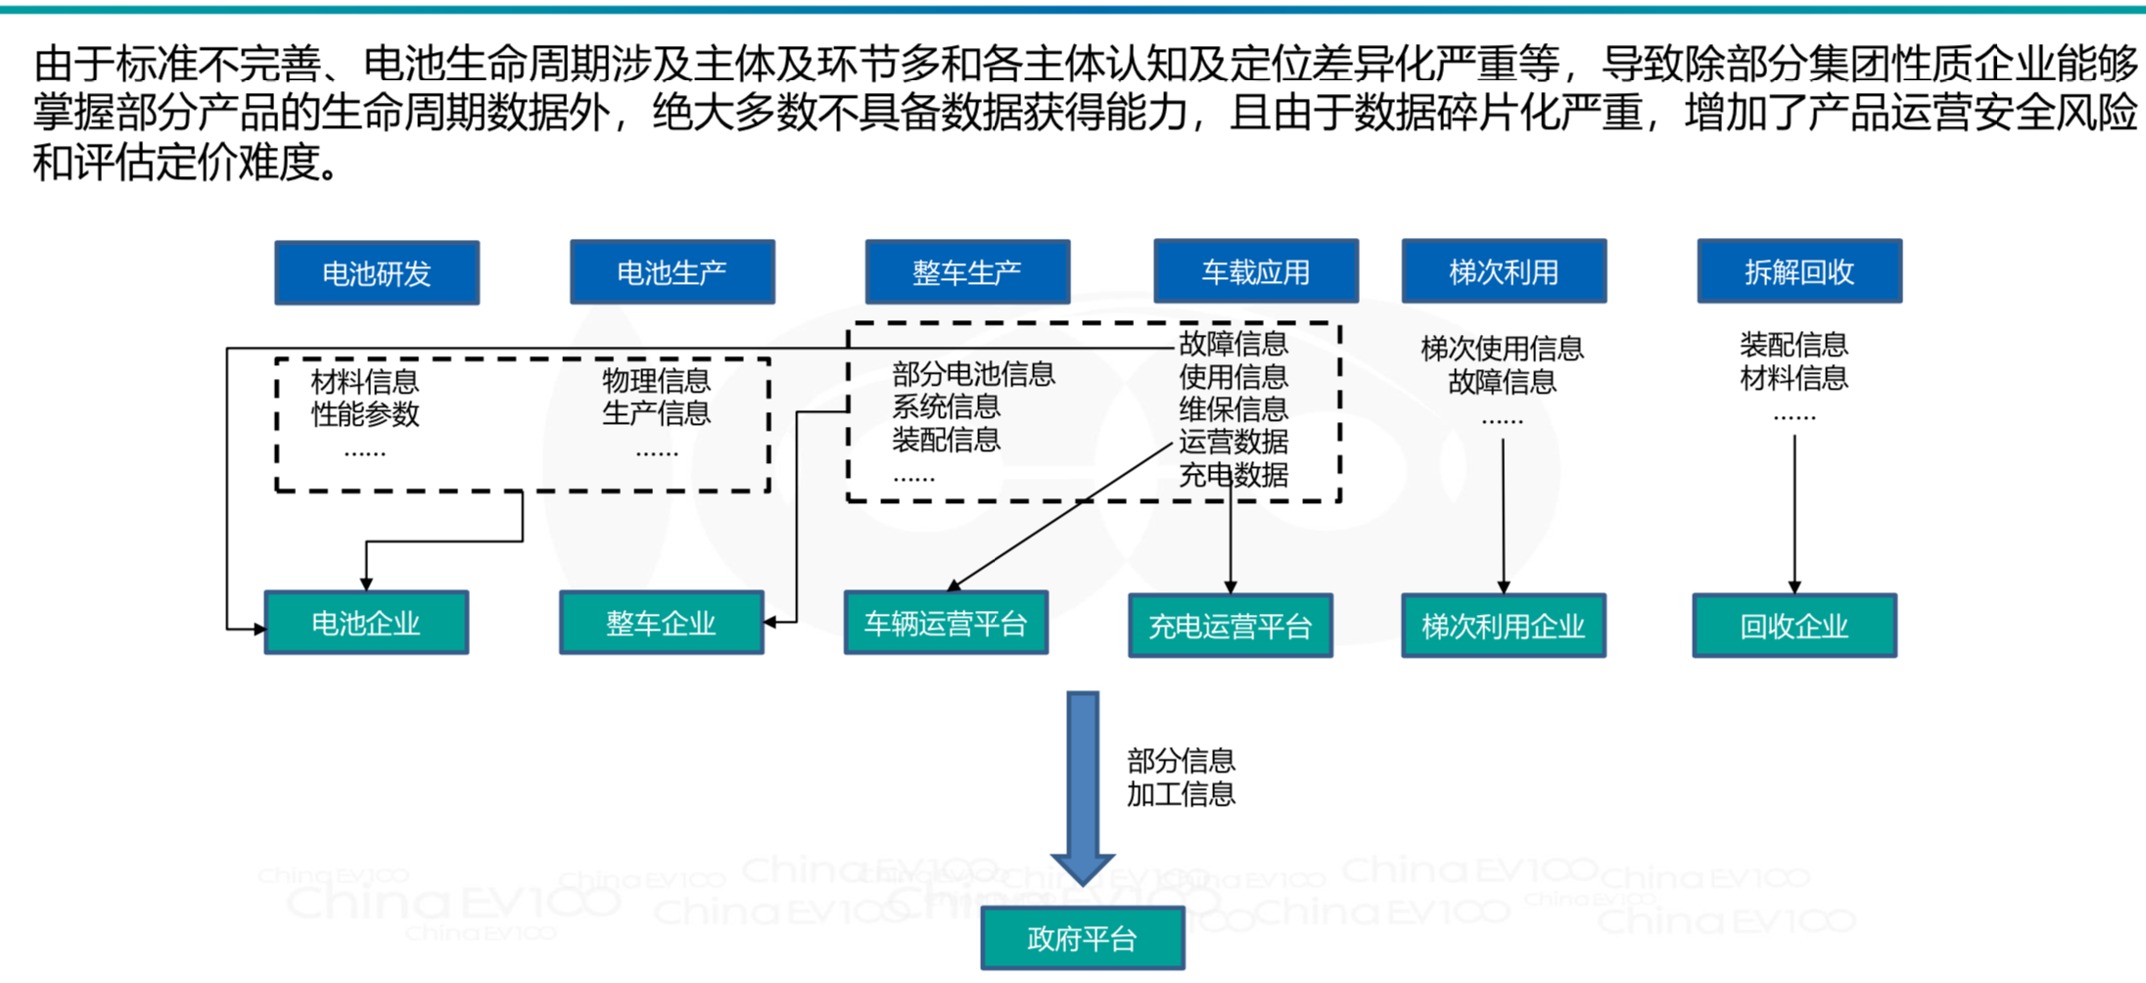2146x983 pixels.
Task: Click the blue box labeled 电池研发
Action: (x=377, y=273)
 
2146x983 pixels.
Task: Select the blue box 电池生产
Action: (x=672, y=272)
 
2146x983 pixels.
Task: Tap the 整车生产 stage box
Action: (x=967, y=272)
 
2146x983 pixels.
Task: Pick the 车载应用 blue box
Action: (x=1256, y=271)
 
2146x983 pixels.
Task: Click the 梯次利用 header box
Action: (x=1504, y=271)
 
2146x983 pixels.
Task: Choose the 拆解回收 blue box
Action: (x=1799, y=271)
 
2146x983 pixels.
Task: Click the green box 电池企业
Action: (x=366, y=623)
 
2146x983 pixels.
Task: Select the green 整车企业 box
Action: (x=661, y=623)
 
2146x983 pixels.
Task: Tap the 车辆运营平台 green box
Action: (x=946, y=623)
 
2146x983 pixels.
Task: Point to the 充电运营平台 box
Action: (x=1230, y=626)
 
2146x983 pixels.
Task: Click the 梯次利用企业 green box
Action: (x=1503, y=626)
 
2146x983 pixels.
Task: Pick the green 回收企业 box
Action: (x=1794, y=626)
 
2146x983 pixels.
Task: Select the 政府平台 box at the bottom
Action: (x=1082, y=939)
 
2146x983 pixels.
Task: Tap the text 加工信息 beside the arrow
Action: (x=1181, y=794)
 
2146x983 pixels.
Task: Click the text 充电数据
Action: (x=1234, y=475)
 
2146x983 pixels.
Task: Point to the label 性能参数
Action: (x=365, y=414)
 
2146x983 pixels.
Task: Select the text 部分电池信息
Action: (x=973, y=374)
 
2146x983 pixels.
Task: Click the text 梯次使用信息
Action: (x=1502, y=349)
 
